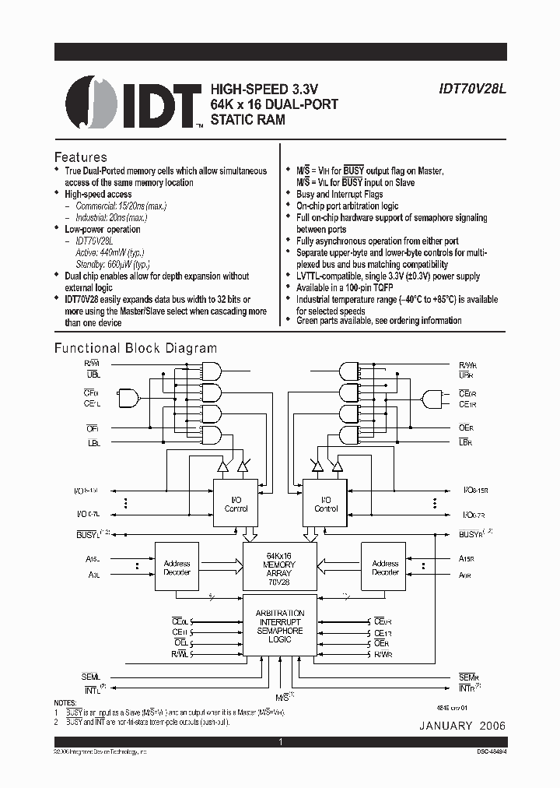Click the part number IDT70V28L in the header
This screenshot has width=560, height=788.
click(x=471, y=89)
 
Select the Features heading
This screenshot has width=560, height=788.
click(x=80, y=157)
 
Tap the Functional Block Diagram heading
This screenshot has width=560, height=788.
click(x=135, y=348)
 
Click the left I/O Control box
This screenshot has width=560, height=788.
click(x=236, y=504)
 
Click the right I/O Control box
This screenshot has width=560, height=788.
click(x=326, y=504)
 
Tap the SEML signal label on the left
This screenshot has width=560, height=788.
click(x=91, y=677)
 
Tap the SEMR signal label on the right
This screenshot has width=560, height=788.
click(x=468, y=677)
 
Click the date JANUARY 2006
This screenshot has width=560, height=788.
click(x=463, y=726)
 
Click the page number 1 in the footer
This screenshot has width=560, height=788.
click(x=280, y=743)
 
